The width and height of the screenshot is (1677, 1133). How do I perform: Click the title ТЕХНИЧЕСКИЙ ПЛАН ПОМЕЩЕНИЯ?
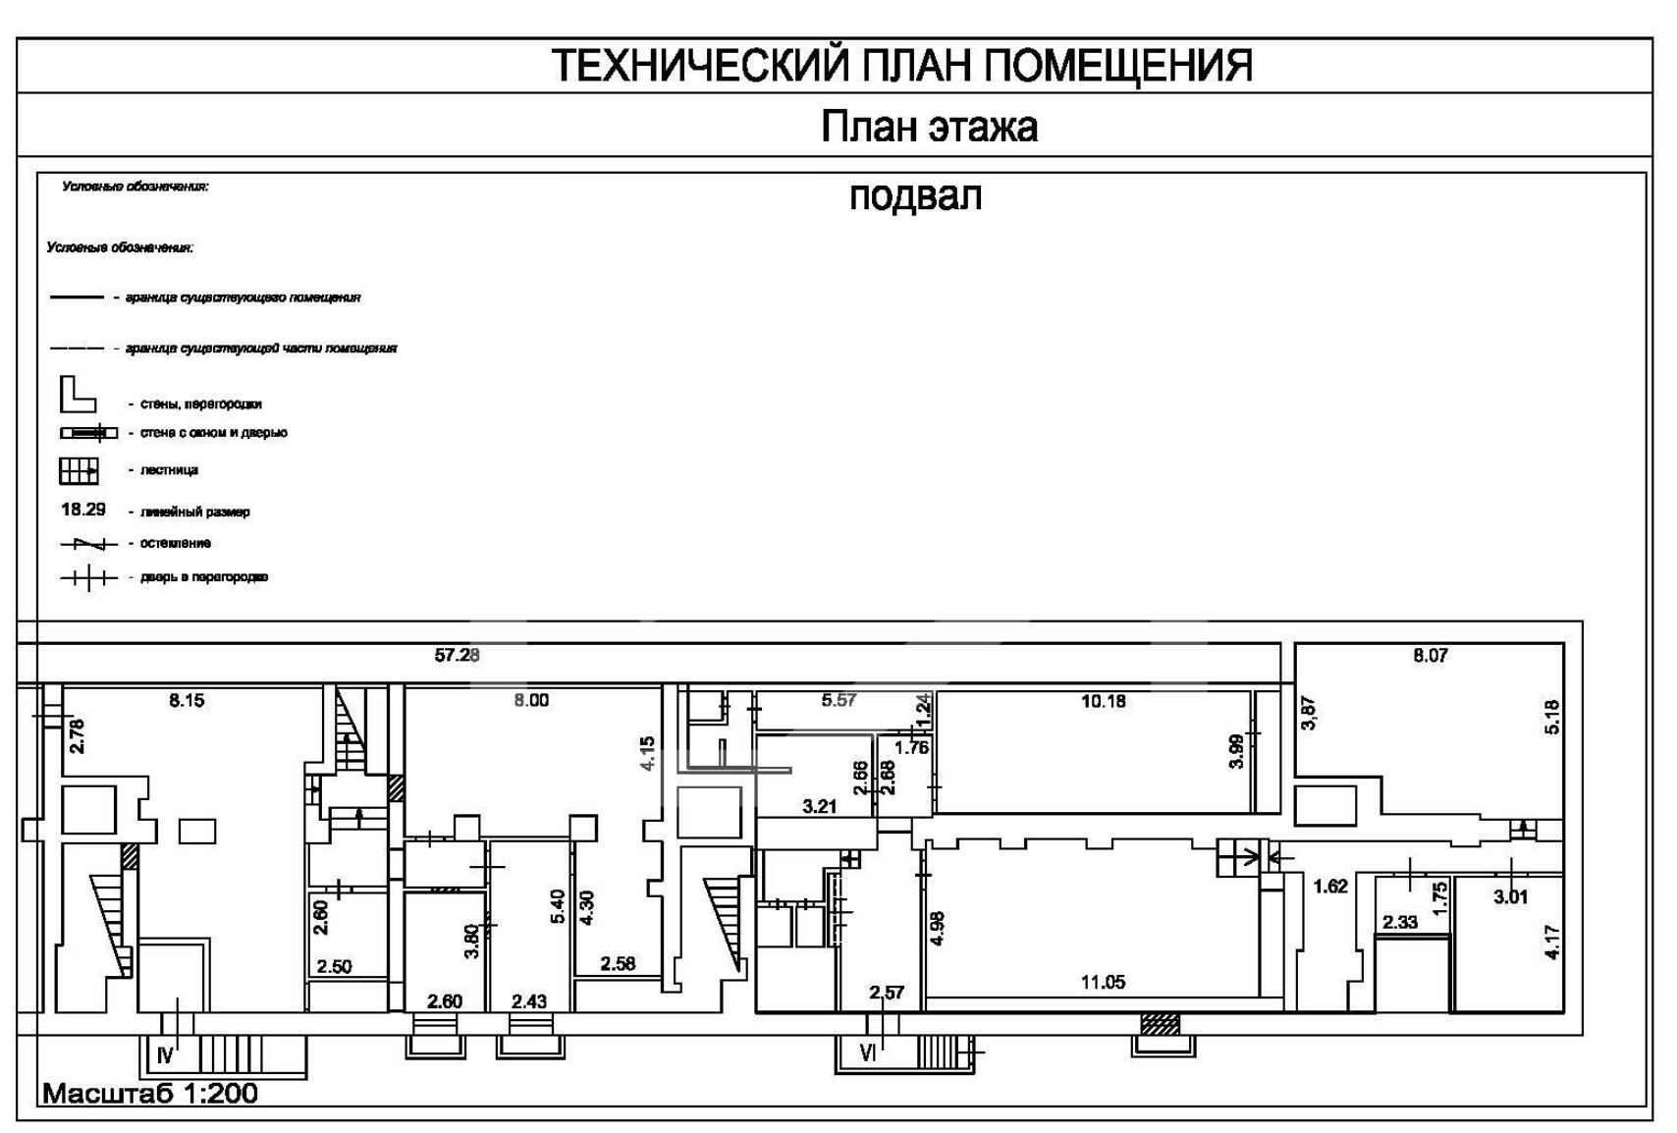tap(901, 66)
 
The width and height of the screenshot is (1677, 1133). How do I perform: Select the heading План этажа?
tap(929, 127)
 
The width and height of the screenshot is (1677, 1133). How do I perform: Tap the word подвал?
tap(915, 196)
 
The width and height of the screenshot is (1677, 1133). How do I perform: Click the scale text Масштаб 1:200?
tap(150, 1093)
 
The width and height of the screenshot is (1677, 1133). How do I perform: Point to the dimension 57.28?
tap(457, 655)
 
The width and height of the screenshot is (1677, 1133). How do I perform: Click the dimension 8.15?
tap(187, 700)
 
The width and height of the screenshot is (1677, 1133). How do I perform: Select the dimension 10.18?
tap(1103, 701)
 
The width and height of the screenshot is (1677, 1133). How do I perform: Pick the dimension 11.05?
tap(1103, 982)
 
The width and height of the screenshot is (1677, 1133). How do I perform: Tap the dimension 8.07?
tap(1430, 655)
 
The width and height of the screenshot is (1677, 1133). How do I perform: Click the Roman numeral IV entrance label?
tap(165, 1055)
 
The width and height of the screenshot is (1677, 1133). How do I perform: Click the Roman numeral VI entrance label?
tap(868, 1053)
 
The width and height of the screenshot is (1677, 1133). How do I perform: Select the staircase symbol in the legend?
tap(79, 471)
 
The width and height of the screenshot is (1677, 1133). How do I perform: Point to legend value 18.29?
tap(83, 510)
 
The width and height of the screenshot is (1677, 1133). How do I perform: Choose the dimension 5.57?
tap(839, 700)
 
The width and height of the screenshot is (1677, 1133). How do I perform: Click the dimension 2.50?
tap(334, 967)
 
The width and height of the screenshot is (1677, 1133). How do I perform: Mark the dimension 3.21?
tap(819, 807)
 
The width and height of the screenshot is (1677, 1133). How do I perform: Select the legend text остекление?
tap(175, 543)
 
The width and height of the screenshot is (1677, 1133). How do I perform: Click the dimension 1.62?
tap(1330, 887)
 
